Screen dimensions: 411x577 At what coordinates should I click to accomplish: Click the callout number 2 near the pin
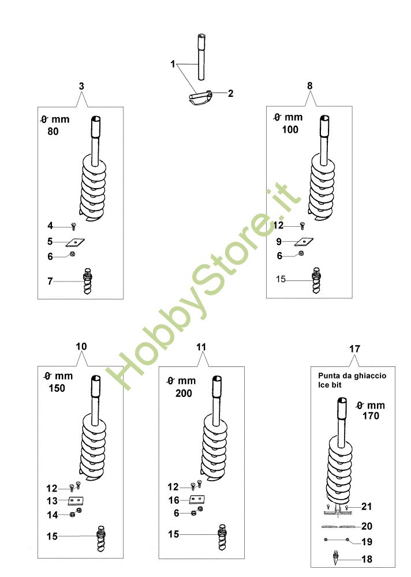230,93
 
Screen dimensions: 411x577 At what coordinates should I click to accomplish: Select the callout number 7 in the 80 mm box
50,281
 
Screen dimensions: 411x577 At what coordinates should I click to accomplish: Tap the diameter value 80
53,132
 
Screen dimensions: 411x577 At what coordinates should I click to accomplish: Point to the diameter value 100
290,129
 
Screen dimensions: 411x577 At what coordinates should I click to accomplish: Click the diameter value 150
57,388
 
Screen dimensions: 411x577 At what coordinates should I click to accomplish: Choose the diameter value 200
184,394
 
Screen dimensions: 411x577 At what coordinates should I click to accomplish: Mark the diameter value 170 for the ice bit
371,416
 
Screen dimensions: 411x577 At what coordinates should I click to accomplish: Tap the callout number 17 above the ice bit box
354,349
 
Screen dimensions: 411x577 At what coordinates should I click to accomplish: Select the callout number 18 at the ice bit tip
367,559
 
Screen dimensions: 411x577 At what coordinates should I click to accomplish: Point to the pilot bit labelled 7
88,282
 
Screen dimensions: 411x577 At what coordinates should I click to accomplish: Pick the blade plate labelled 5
76,242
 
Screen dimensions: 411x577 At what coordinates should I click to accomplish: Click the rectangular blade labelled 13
76,500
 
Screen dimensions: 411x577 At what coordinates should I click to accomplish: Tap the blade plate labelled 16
197,500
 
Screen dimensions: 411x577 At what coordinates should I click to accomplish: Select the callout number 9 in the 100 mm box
279,242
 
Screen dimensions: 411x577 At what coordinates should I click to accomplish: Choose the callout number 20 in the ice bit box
367,526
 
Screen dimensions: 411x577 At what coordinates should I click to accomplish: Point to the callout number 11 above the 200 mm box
201,347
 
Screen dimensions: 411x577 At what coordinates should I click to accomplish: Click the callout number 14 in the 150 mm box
53,515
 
